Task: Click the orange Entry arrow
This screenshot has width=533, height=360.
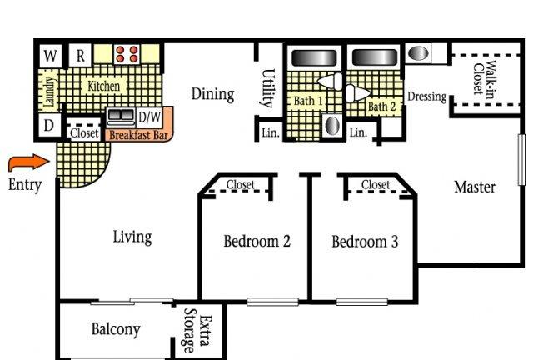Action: click(28, 162)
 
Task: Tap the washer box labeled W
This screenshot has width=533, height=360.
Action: click(51, 56)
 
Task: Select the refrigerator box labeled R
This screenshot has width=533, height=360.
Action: click(80, 56)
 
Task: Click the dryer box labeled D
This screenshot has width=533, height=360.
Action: click(49, 125)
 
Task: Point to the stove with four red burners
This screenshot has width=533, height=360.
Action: click(127, 54)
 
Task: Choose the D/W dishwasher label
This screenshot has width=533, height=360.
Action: click(150, 117)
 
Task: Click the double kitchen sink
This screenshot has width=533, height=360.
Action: click(121, 117)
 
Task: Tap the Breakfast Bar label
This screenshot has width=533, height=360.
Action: click(139, 135)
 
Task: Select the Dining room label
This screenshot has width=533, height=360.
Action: click(213, 94)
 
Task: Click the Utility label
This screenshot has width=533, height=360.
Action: click(268, 88)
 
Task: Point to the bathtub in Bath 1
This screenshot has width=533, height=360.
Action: click(314, 57)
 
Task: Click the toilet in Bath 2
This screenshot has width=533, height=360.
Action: click(358, 92)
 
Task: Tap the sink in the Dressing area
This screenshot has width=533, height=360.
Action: click(418, 53)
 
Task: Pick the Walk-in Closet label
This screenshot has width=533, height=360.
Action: click(484, 79)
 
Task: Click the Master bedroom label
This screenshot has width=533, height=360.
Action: click(475, 187)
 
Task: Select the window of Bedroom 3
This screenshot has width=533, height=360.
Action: click(362, 302)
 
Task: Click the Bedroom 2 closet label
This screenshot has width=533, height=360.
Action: click(241, 185)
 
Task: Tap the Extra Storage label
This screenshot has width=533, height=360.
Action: click(197, 330)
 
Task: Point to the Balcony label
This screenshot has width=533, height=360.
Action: click(116, 329)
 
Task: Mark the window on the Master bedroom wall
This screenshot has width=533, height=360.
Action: click(522, 160)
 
